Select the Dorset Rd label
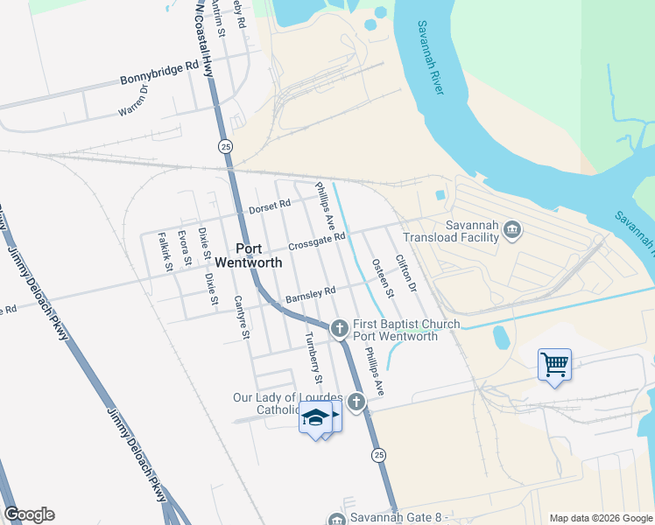tap(269, 206)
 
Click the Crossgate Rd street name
tap(317, 239)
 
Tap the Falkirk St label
tap(162, 249)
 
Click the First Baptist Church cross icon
tap(341, 329)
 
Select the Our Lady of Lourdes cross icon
tap(356, 402)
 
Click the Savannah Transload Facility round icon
tap(513, 230)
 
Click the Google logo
tap(29, 514)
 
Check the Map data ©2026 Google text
tap(601, 518)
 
